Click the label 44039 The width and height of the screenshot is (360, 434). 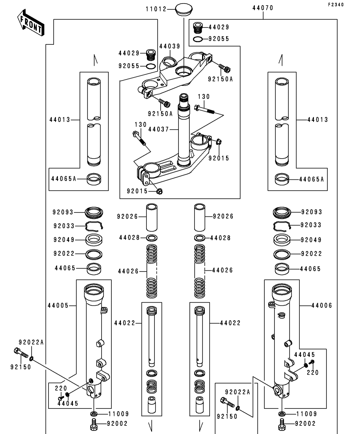coord(169,46)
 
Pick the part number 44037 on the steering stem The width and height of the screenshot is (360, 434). coord(159,128)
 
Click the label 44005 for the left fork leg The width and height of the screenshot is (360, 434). coord(58,305)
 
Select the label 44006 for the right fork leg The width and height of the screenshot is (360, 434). coord(321,305)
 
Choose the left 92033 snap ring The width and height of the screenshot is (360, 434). coord(95,226)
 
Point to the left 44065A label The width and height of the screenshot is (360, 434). coord(63,179)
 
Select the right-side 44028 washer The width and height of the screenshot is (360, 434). coord(200,238)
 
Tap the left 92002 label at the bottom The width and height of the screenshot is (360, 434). coord(118,424)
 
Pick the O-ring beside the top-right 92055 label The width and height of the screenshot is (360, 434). coord(198,39)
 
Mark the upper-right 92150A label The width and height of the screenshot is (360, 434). coord(221,79)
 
